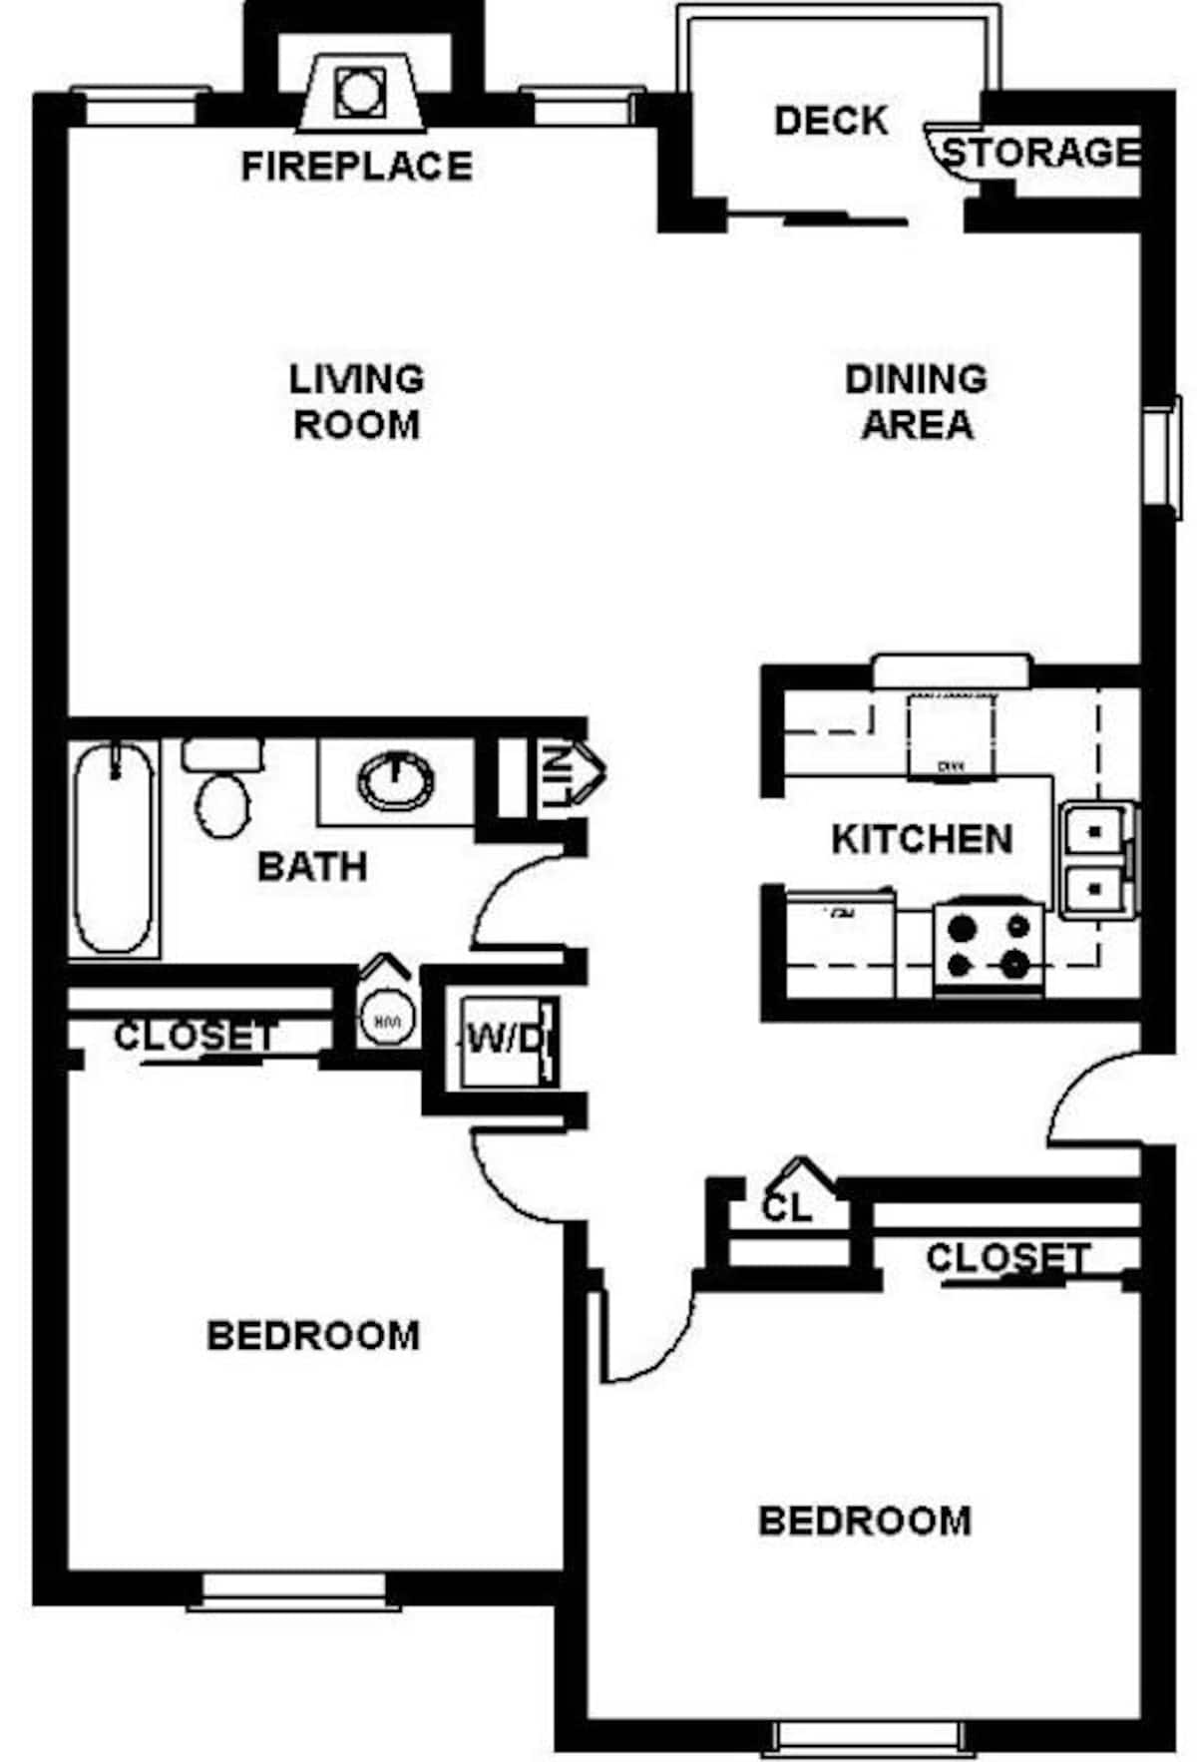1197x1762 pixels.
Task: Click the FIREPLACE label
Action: (356, 166)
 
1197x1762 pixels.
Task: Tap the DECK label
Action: (830, 121)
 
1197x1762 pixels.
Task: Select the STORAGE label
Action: (1040, 153)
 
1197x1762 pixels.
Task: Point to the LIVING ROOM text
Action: (356, 401)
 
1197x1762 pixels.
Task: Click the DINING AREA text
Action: (916, 401)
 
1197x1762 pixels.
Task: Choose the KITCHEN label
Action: (922, 839)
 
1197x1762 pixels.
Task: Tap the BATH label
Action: (312, 866)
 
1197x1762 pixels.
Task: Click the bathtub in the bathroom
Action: (115, 849)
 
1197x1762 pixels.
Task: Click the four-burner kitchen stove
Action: (989, 947)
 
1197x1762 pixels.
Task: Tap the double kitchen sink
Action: (1095, 858)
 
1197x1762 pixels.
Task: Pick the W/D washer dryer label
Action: (506, 1041)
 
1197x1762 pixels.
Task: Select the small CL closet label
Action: (786, 1208)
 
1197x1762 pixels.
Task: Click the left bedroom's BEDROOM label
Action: (312, 1336)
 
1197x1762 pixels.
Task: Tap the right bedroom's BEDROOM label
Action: (865, 1521)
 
